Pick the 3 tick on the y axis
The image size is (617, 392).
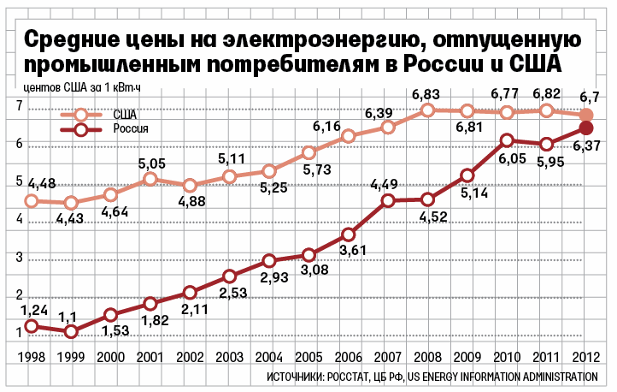click(x=18, y=258)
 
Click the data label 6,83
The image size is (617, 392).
click(x=427, y=94)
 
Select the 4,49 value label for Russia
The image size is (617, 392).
click(x=387, y=184)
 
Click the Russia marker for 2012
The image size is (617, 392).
click(x=586, y=128)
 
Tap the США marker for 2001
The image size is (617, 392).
click(x=150, y=179)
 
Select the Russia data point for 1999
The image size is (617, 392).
click(x=71, y=331)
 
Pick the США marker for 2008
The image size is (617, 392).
click(x=428, y=110)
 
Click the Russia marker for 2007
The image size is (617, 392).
click(x=388, y=201)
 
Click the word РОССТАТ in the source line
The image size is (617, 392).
click(x=345, y=377)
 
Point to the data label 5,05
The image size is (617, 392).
click(x=150, y=163)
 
